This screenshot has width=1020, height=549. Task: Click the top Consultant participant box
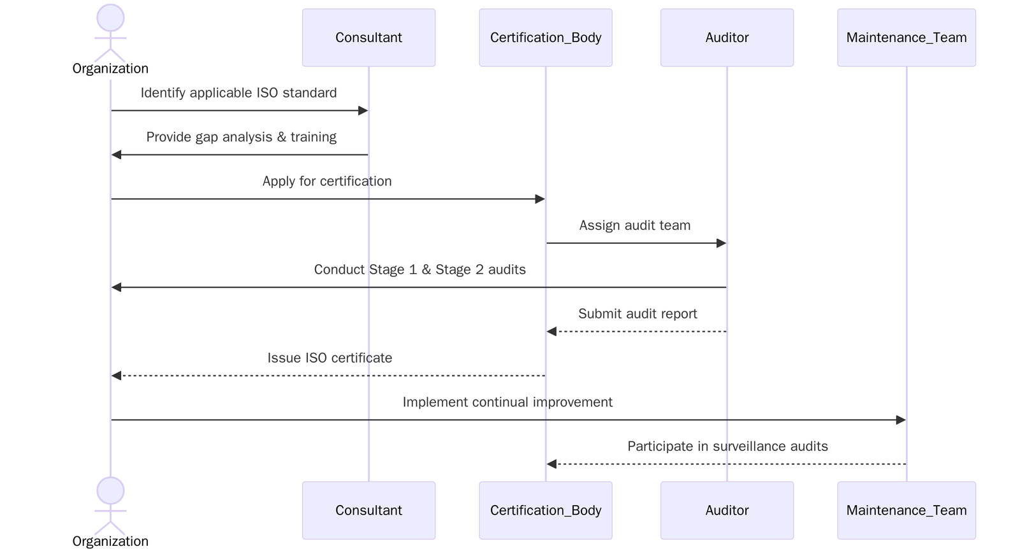(368, 38)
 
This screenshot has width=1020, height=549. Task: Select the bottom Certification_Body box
(546, 510)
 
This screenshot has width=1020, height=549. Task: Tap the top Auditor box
(727, 38)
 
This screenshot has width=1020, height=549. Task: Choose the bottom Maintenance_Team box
(906, 510)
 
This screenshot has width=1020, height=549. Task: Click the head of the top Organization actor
(110, 18)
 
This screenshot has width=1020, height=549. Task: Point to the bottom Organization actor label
(110, 541)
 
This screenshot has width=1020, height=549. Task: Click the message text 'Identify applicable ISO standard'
(238, 93)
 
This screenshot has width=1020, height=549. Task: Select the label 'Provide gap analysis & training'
(241, 137)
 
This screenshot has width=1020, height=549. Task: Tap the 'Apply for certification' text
(327, 182)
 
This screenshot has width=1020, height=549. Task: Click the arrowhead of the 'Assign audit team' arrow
(722, 243)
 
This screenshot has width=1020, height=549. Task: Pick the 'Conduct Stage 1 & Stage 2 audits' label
(419, 269)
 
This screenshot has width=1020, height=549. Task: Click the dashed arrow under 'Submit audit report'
(637, 331)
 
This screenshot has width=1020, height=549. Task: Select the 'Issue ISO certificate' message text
(330, 358)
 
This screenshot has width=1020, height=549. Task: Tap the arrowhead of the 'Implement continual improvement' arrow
(901, 420)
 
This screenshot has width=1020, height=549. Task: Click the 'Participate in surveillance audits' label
(727, 446)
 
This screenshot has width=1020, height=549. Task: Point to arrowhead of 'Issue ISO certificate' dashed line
(117, 376)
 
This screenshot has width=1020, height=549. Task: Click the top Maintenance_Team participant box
(906, 38)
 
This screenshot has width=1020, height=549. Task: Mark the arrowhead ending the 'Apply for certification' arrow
(540, 199)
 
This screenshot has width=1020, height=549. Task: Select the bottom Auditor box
(727, 510)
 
